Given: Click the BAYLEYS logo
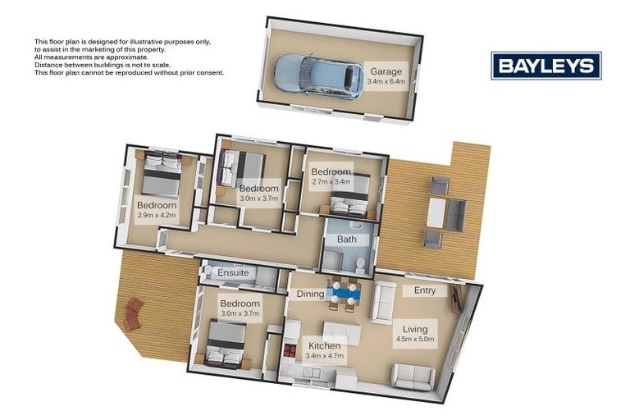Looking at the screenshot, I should pyautogui.click(x=546, y=66).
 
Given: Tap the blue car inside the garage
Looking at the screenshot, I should pyautogui.click(x=318, y=75).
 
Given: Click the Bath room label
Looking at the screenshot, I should pyautogui.click(x=347, y=240).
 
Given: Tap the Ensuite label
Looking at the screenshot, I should pyautogui.click(x=233, y=272).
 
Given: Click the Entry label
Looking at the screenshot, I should pyautogui.click(x=425, y=290).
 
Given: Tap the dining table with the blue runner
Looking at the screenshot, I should pyautogui.click(x=343, y=293).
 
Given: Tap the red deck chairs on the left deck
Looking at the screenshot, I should pyautogui.click(x=133, y=313).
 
